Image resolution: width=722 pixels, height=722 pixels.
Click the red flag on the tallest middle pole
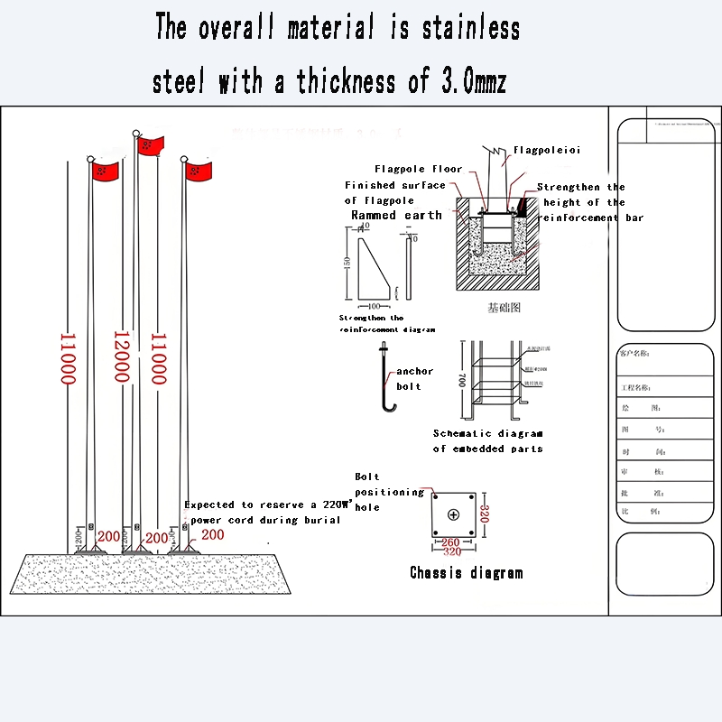coord(152,145)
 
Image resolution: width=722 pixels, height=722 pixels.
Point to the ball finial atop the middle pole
coord(136,134)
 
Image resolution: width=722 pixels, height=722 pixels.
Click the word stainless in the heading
coord(470,28)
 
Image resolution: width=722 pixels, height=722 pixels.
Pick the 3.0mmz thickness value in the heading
coord(472,82)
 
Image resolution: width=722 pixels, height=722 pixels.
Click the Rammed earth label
coord(396,216)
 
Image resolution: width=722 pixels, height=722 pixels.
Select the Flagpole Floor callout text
coord(418,169)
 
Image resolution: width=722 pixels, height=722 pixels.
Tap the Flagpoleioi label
coord(547,150)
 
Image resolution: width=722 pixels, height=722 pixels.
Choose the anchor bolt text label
coord(414,378)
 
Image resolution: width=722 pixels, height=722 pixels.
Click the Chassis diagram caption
coord(466,572)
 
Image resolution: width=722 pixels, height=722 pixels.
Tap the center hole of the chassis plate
coord(453,514)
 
